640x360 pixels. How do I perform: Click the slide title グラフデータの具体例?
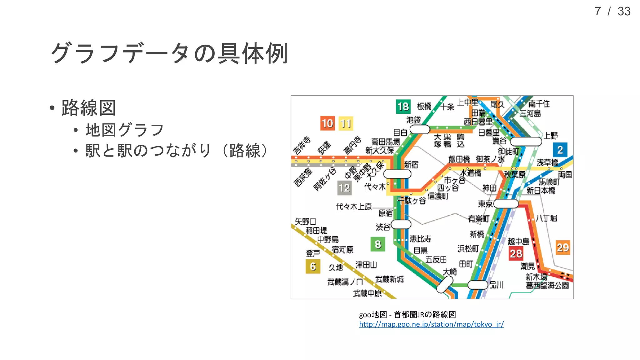pyautogui.click(x=169, y=53)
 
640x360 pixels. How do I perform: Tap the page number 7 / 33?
pyautogui.click(x=612, y=12)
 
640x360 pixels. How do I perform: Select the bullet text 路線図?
pyautogui.click(x=89, y=108)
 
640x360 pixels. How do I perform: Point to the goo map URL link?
pyautogui.click(x=431, y=324)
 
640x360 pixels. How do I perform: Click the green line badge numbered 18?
pyautogui.click(x=403, y=107)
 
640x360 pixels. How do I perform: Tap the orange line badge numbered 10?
pyautogui.click(x=327, y=123)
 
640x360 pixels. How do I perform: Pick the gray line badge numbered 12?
pyautogui.click(x=344, y=188)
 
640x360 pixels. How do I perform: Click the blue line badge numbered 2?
pyautogui.click(x=560, y=150)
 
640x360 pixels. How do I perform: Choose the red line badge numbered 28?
pyautogui.click(x=516, y=253)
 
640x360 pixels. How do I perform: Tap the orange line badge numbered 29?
pyautogui.click(x=563, y=247)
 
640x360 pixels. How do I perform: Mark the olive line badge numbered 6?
pyautogui.click(x=313, y=267)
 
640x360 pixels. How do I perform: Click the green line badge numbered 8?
pyautogui.click(x=378, y=244)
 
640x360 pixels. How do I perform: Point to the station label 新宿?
pyautogui.click(x=411, y=165)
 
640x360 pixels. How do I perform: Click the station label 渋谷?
pyautogui.click(x=383, y=227)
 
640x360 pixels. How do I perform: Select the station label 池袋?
pyautogui.click(x=413, y=120)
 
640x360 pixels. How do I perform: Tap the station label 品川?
pyautogui.click(x=497, y=285)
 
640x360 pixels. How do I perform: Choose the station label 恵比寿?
pyautogui.click(x=421, y=239)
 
